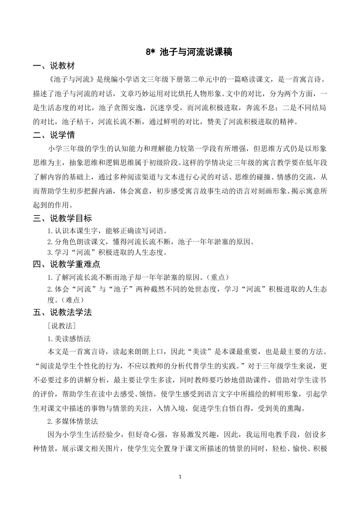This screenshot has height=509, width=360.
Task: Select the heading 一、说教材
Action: tap(54, 66)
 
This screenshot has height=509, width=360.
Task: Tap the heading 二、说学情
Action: tap(54, 135)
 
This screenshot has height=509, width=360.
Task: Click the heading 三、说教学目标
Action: tap(62, 219)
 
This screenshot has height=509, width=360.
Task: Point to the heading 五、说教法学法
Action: tap(62, 312)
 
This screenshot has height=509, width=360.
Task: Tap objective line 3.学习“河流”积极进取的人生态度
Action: tap(107, 252)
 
